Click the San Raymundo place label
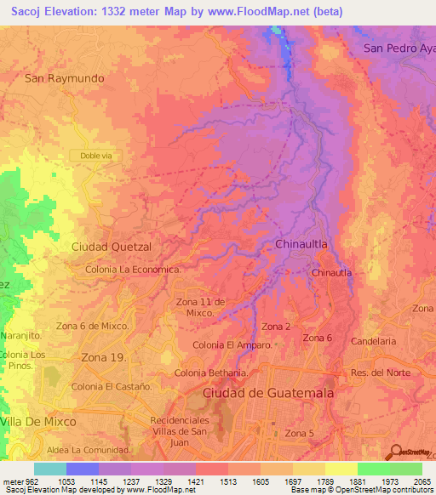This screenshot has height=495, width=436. [65, 78]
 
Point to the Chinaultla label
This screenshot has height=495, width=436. [302, 244]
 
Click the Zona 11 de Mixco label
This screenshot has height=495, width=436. [200, 307]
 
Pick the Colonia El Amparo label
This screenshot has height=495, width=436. [232, 345]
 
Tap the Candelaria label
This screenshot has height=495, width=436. [374, 341]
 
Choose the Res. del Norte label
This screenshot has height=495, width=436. [381, 373]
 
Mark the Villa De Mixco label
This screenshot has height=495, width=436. [39, 421]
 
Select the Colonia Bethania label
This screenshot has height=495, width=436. [211, 373]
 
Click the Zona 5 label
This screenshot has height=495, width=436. [300, 434]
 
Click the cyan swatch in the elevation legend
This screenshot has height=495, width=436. [50, 469]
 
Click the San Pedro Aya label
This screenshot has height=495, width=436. [399, 48]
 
